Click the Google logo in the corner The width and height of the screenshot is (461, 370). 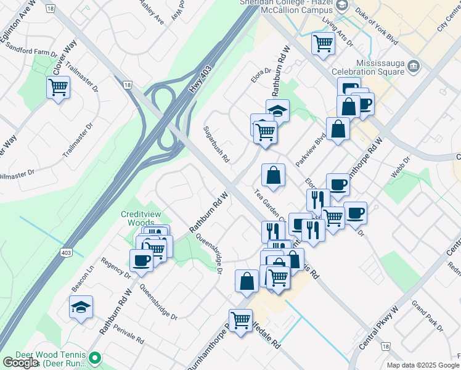pyautogui.click(x=20, y=363)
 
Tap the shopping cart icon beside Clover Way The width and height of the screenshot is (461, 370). pyautogui.click(x=58, y=88)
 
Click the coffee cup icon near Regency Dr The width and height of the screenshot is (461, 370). pyautogui.click(x=141, y=261)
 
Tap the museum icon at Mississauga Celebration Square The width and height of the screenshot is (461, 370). pyautogui.click(x=414, y=65)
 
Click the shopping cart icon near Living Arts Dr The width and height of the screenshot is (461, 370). pyautogui.click(x=323, y=44)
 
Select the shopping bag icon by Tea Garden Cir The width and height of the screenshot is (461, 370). pyautogui.click(x=273, y=175)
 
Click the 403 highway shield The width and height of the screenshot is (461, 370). pyautogui.click(x=66, y=252)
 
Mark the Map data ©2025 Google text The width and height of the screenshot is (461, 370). pyautogui.click(x=423, y=365)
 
